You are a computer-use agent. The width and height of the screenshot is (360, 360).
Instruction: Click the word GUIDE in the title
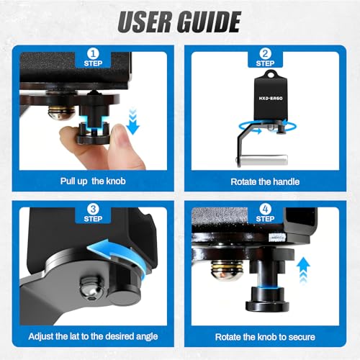click(209, 22)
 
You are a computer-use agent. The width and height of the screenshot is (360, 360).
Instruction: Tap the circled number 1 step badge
click(93, 54)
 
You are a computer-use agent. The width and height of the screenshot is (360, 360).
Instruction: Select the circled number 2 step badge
click(265, 54)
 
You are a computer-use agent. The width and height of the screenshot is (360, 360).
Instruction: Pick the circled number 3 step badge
click(93, 210)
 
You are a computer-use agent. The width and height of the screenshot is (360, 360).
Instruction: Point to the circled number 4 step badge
click(265, 210)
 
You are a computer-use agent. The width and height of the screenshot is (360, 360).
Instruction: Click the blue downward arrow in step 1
click(132, 121)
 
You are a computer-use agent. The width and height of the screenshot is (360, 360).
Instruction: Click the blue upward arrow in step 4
click(303, 270)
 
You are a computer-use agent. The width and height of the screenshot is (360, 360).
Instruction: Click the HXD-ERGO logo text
click(271, 98)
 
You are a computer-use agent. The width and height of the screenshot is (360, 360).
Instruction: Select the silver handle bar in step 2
click(263, 160)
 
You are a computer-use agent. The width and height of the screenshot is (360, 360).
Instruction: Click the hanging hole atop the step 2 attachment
click(271, 75)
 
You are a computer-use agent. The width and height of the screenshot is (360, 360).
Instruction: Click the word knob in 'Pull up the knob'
click(116, 181)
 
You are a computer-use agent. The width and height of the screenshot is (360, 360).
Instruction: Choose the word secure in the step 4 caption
click(302, 337)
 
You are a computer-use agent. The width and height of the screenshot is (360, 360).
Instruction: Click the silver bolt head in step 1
click(62, 112)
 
